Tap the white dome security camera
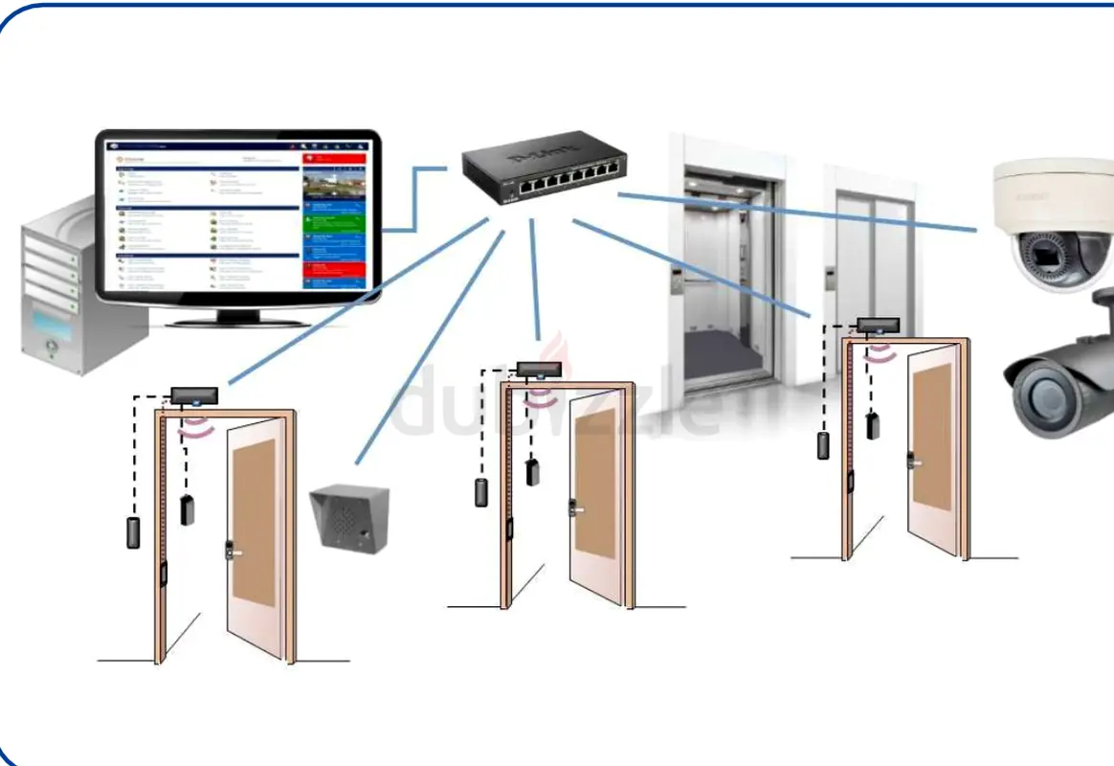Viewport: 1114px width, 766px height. (1053, 225)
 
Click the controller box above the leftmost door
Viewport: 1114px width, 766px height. (195, 394)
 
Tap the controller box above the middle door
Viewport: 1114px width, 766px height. (539, 369)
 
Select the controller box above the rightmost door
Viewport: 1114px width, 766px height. (877, 326)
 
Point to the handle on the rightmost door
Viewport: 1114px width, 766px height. (914, 462)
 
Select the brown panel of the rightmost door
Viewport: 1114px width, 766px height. (931, 436)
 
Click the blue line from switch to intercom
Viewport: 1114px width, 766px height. (431, 345)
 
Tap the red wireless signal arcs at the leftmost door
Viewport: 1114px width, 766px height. (195, 426)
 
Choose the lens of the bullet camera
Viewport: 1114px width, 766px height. (1038, 393)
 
